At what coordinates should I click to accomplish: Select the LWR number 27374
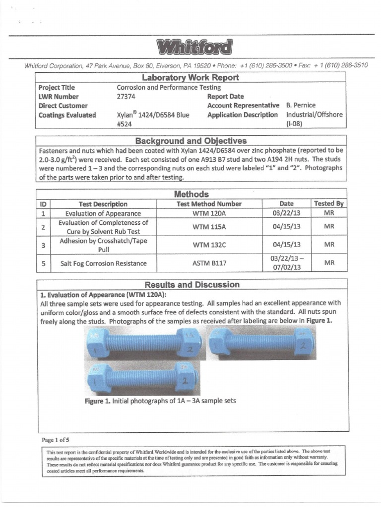[x=125, y=97]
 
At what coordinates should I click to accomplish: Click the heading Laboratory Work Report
[x=190, y=78]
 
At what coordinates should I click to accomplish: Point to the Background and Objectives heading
[x=190, y=141]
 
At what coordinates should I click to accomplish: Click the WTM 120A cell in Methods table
[x=209, y=213]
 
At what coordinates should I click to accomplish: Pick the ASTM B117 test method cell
[x=209, y=263]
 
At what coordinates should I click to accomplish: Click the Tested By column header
[x=329, y=203]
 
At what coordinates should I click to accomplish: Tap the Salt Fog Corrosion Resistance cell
[x=103, y=263]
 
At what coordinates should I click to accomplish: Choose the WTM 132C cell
[x=209, y=245]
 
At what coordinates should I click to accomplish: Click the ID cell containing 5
[x=44, y=263]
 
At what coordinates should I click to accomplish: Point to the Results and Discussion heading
[x=191, y=285]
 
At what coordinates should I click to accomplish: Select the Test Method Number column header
[x=209, y=203]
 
